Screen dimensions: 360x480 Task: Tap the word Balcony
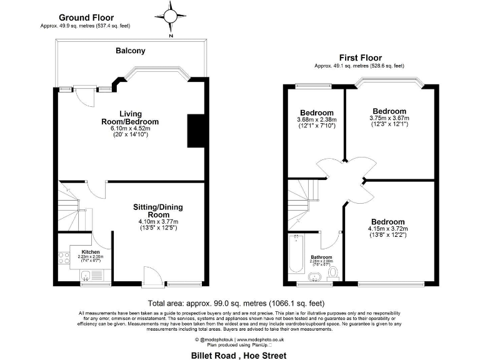131,51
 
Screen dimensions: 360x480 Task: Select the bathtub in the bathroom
296,254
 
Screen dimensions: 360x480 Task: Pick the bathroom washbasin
314,276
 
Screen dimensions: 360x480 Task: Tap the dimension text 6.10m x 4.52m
130,128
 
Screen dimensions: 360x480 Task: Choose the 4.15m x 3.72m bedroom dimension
387,229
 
